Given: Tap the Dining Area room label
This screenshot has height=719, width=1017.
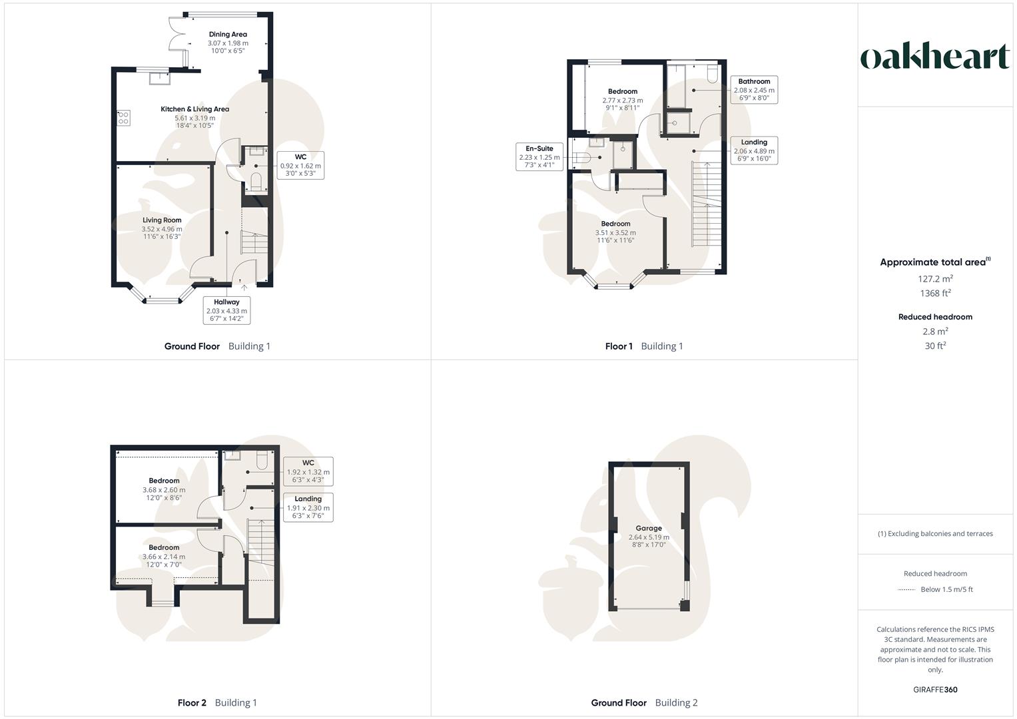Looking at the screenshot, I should pyautogui.click(x=228, y=42).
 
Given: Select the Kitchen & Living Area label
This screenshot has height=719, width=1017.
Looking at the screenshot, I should pyautogui.click(x=194, y=117).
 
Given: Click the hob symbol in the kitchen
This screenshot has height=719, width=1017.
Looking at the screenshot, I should pyautogui.click(x=123, y=118).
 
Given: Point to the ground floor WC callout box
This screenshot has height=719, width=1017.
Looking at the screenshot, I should pyautogui.click(x=300, y=165).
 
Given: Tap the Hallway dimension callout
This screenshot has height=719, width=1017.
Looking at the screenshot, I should pyautogui.click(x=226, y=310).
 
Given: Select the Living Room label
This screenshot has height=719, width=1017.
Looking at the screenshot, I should pyautogui.click(x=162, y=228).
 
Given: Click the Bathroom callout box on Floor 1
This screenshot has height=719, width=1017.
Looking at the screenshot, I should pyautogui.click(x=754, y=89).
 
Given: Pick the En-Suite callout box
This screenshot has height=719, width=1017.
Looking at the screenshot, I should pyautogui.click(x=539, y=157).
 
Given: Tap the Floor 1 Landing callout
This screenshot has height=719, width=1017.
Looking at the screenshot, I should pyautogui.click(x=754, y=150).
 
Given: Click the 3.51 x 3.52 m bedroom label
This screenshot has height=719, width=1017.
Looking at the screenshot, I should pyautogui.click(x=615, y=232).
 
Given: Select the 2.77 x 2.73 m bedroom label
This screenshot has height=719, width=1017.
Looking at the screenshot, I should pyautogui.click(x=623, y=99).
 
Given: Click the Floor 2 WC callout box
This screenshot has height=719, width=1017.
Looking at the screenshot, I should pyautogui.click(x=308, y=471).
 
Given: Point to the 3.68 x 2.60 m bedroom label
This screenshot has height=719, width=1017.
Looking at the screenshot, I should pyautogui.click(x=164, y=489).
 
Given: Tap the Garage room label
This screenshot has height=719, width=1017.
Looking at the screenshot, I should pyautogui.click(x=649, y=536).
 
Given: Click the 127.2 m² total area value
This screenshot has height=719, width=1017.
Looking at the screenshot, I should pyautogui.click(x=935, y=279).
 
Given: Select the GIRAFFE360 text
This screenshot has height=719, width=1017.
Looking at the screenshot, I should pyautogui.click(x=935, y=690).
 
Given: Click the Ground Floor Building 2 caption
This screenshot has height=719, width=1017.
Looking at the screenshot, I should pyautogui.click(x=644, y=702).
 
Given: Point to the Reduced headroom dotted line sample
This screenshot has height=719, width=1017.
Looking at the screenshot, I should pyautogui.click(x=906, y=590).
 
